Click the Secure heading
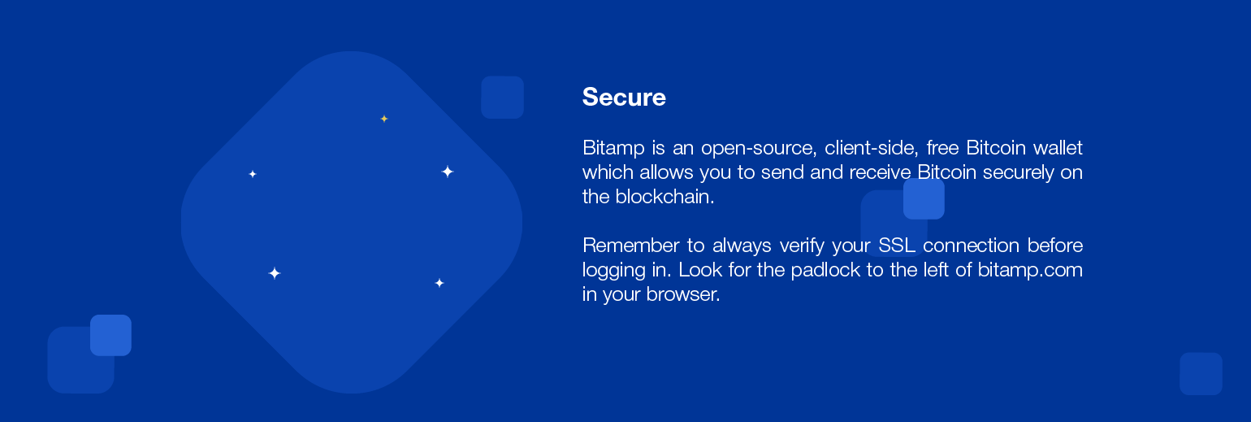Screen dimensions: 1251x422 [x=624, y=98]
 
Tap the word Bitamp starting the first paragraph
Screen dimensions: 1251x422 [x=613, y=148]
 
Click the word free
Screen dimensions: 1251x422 [x=942, y=147]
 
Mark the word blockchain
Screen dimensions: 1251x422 [x=664, y=197]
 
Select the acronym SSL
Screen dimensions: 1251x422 [x=896, y=246]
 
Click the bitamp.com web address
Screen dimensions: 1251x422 [x=1030, y=271]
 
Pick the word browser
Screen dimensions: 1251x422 [x=683, y=294]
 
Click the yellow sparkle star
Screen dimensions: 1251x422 [x=384, y=119]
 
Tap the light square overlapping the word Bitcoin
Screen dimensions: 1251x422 [x=924, y=198]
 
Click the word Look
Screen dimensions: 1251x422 [x=700, y=270]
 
